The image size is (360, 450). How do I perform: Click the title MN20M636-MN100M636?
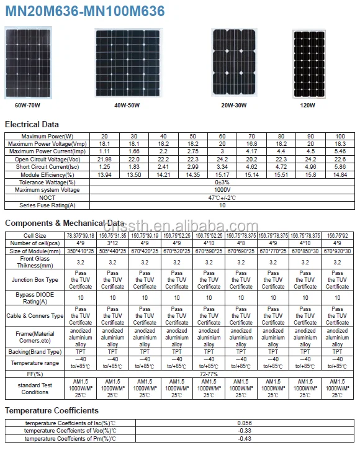tap(85, 11)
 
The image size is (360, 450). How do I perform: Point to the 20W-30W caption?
tap(234, 106)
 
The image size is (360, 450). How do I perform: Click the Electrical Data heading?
tap(32, 124)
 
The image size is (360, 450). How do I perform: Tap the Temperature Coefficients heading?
tap(52, 410)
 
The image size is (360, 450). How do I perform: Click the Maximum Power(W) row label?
tap(47, 136)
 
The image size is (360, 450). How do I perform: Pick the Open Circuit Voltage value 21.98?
tap(105, 159)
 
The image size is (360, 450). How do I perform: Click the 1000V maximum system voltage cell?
tap(222, 189)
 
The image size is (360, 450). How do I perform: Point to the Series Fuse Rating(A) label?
tap(47, 205)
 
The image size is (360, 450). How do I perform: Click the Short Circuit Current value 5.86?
tap(340, 167)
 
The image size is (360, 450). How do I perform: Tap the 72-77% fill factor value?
tap(209, 374)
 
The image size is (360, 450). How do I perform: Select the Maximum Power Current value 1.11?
tap(105, 151)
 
